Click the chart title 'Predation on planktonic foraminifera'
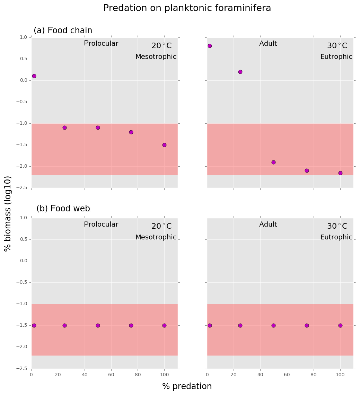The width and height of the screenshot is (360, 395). [x=187, y=8]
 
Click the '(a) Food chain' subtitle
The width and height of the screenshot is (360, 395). [x=63, y=30]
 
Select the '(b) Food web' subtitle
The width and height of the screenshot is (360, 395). [x=63, y=209]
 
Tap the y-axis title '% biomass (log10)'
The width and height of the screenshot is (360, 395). [x=8, y=213]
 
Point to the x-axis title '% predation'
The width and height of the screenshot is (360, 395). [x=187, y=386]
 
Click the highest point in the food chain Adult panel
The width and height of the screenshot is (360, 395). [x=210, y=46]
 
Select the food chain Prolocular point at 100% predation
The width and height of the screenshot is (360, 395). [x=164, y=145]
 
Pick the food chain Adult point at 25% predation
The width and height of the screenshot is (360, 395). [x=240, y=72]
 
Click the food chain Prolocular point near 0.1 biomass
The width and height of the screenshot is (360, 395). [x=34, y=76]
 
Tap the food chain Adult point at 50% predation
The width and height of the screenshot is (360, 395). [x=273, y=162]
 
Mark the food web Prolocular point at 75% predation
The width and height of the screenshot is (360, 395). [x=131, y=325]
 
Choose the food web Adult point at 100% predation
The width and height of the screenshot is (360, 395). [x=340, y=325]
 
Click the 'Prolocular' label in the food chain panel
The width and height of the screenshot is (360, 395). [x=101, y=44]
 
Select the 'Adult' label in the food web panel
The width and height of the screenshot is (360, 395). [x=268, y=225]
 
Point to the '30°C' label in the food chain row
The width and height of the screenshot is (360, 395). [x=337, y=46]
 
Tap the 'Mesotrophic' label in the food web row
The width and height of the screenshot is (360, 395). [x=156, y=237]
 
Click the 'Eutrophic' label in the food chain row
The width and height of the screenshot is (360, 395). [x=336, y=57]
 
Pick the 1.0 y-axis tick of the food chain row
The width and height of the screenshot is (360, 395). [x=24, y=37]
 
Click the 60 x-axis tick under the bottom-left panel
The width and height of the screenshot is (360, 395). [x=111, y=375]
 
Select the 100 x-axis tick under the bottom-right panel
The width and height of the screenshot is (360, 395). [x=340, y=375]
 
